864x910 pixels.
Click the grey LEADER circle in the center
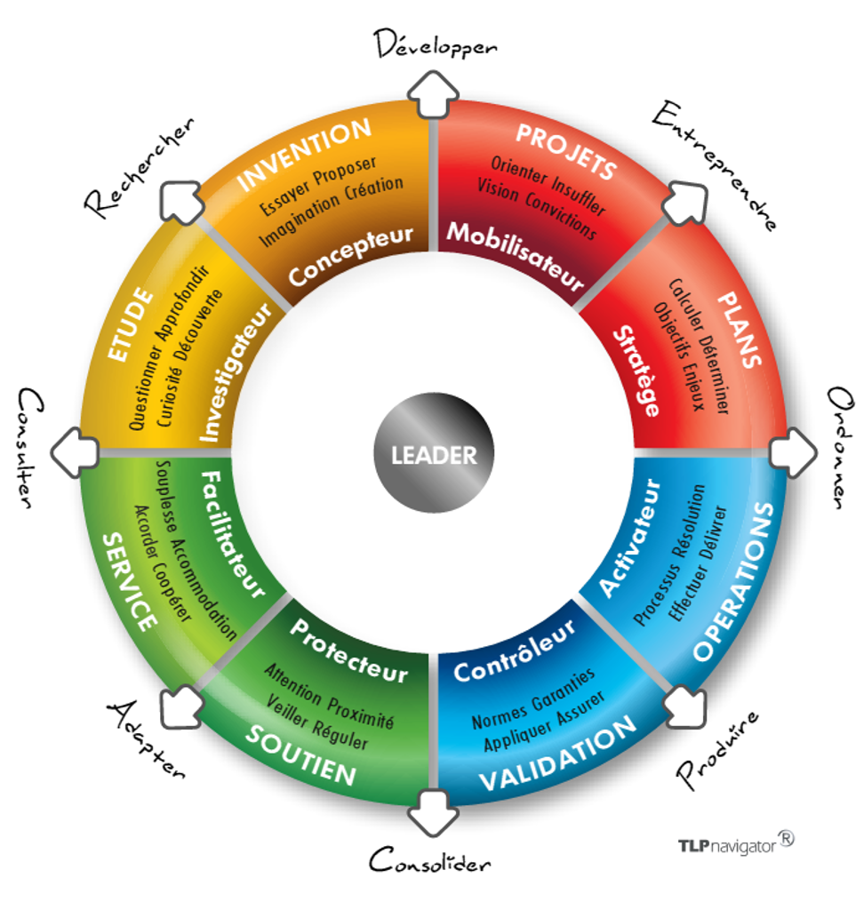point(434,455)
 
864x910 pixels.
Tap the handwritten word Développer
point(435,44)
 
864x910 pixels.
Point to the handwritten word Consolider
point(429,860)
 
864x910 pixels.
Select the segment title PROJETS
point(565,152)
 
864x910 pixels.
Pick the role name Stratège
point(637,372)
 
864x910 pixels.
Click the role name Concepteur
point(351,256)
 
